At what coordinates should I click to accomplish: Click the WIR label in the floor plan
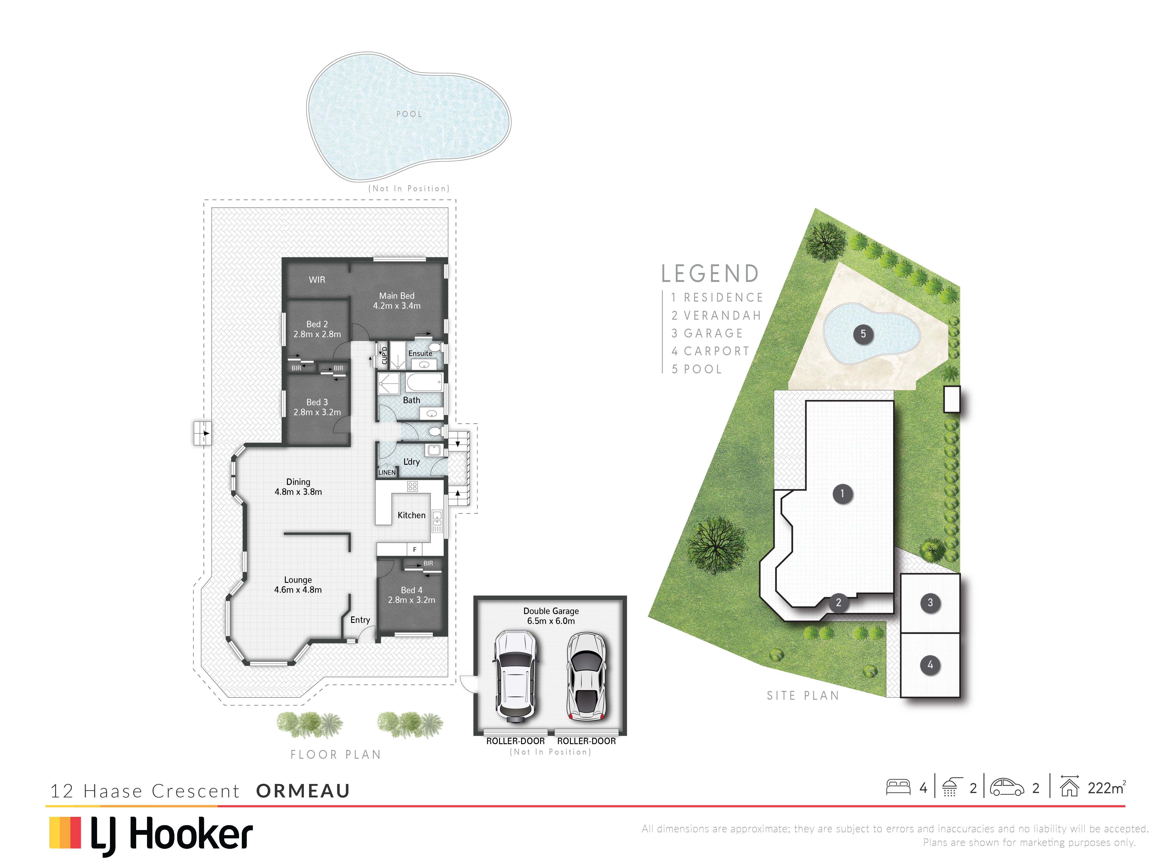point(317,280)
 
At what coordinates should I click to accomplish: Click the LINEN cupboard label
point(387,472)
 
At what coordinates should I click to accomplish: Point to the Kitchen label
point(412,515)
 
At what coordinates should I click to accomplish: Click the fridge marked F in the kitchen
point(415,549)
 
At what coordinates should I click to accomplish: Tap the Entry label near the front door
point(360,620)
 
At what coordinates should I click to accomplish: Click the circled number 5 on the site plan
point(863,334)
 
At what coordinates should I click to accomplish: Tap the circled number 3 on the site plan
point(930,603)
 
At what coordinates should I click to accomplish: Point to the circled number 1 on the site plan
point(842,493)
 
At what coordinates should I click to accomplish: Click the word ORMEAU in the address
point(303,791)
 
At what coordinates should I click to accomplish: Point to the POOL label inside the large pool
point(409,114)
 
